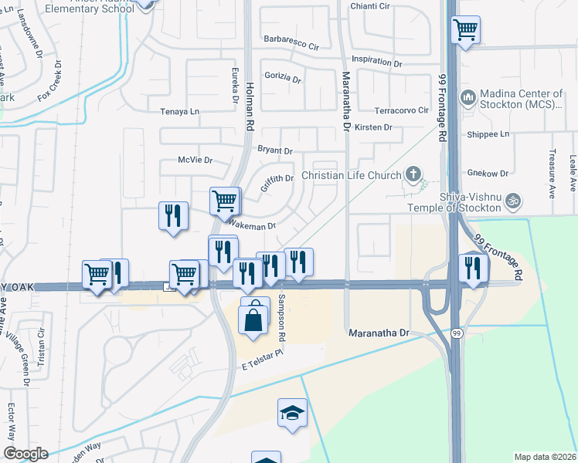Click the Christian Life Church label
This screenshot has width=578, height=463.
tap(352, 175)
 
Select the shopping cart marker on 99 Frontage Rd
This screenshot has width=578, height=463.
tap(465, 30)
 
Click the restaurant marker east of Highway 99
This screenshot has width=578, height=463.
tap(472, 267)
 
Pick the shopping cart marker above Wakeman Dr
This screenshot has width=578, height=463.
tap(225, 201)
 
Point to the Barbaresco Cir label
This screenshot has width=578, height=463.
tap(291, 46)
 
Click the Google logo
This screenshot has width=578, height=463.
tap(25, 454)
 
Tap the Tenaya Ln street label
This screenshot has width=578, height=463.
tap(179, 111)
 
